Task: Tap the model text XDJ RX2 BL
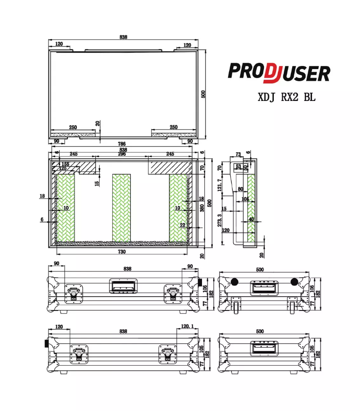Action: (x=286, y=97)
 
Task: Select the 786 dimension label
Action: (x=122, y=144)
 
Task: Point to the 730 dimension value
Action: (x=122, y=252)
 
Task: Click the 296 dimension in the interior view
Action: (x=122, y=154)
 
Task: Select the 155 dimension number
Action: (x=66, y=164)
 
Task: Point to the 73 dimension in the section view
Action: (x=238, y=154)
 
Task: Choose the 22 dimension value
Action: (x=182, y=225)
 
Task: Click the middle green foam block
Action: (x=121, y=207)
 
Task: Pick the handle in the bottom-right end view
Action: (x=264, y=348)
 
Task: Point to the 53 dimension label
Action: (x=238, y=167)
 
